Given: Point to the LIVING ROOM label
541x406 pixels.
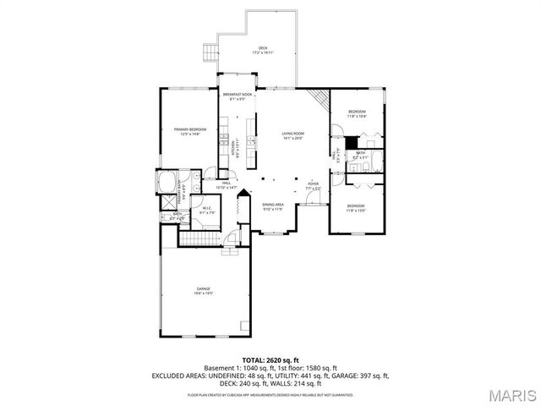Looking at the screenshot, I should click(x=292, y=135).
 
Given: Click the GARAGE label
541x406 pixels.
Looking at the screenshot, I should click(x=204, y=290).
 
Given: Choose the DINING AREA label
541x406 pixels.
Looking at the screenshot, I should click(x=272, y=206).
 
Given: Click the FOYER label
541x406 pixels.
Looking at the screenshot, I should click(x=313, y=184).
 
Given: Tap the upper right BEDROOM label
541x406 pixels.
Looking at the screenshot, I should click(x=357, y=113).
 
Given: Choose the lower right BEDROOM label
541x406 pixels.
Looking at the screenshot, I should click(x=355, y=206).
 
